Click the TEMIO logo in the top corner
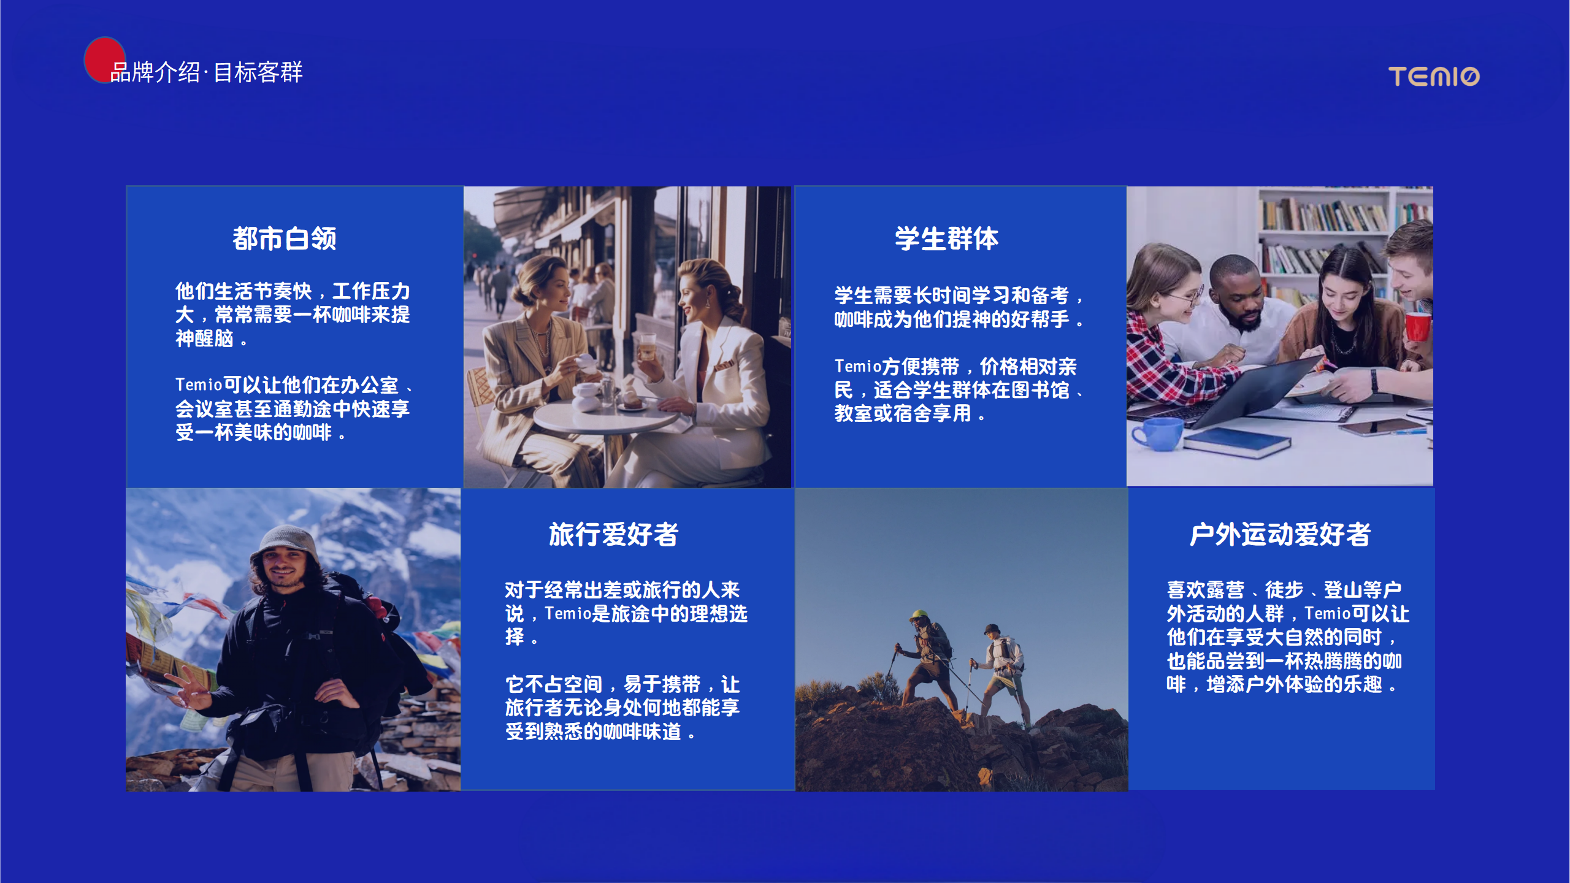1434,77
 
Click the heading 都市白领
285,239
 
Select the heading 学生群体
947,239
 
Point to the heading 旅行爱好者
614,534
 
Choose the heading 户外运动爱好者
1280,534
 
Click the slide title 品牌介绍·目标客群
207,72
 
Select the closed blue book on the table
1237,443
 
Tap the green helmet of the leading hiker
919,614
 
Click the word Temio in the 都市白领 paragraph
199,385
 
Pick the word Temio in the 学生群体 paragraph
858,367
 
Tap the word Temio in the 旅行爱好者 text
568,614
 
